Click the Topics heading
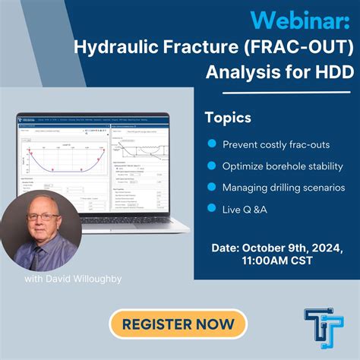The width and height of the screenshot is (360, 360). (228, 118)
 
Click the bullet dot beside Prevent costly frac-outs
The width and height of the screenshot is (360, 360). (210, 144)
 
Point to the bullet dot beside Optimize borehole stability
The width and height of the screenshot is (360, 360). (210, 166)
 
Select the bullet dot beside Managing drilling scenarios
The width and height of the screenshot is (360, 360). (210, 187)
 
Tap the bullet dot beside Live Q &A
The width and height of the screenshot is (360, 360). (210, 208)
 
